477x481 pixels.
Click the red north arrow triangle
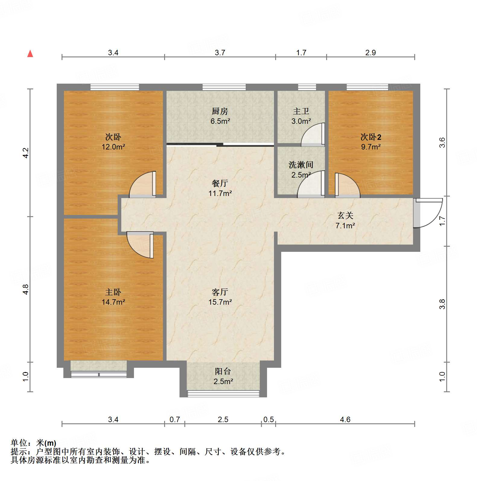[30, 54]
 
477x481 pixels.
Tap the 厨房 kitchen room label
[220, 111]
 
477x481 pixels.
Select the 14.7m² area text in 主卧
[113, 302]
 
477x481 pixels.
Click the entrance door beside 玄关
[428, 213]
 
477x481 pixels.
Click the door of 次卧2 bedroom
[347, 185]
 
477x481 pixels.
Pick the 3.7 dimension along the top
[220, 53]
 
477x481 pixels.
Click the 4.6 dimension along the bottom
[345, 419]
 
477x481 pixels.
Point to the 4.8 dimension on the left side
[26, 289]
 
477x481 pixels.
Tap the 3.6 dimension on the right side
[442, 143]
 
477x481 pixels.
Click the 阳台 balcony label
[223, 371]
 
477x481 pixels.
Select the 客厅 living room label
[220, 292]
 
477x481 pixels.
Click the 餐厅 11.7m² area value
[220, 193]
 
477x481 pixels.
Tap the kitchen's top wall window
[224, 87]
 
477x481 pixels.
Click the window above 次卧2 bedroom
[367, 87]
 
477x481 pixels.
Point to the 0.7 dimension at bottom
[175, 419]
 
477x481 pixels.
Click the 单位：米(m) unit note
[33, 443]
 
